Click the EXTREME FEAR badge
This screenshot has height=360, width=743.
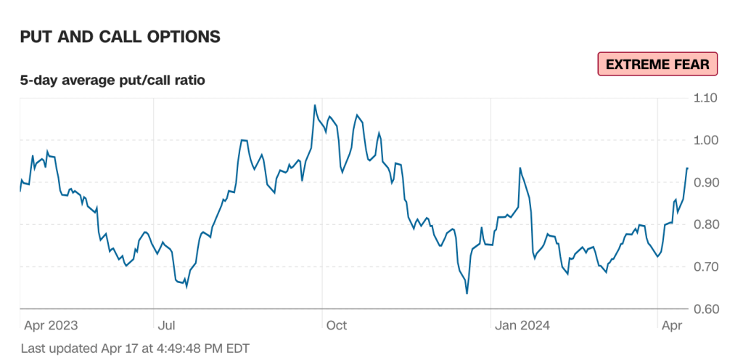click(657, 64)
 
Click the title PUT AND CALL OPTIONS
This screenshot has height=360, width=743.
click(120, 36)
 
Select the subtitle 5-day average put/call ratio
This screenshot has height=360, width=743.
click(112, 80)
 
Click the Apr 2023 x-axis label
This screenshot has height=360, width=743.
click(51, 324)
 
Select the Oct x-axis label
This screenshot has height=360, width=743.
click(337, 324)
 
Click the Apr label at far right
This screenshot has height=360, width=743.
click(671, 324)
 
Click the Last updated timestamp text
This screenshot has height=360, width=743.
click(135, 348)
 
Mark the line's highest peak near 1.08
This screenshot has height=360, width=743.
click(315, 105)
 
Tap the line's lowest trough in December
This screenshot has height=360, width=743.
click(467, 293)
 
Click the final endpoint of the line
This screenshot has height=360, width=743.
click(687, 168)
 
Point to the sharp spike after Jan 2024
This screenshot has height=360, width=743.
click(520, 168)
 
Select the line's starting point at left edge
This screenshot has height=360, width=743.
click(20, 191)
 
